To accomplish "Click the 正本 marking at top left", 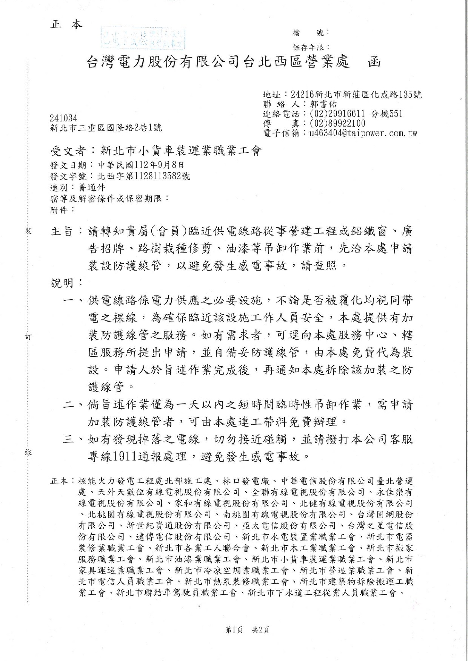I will [66, 25].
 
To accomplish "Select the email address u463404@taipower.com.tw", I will [363, 133].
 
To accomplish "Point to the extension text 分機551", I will [387, 113].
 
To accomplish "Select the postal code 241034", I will [63, 118].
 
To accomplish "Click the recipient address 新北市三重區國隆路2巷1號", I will [106, 128].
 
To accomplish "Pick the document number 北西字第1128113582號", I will [143, 176].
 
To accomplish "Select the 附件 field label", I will [58, 210].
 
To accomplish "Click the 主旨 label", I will [62, 231].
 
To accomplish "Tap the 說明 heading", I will [62, 283].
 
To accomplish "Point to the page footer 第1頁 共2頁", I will [247, 629].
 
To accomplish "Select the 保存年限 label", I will [310, 47].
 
